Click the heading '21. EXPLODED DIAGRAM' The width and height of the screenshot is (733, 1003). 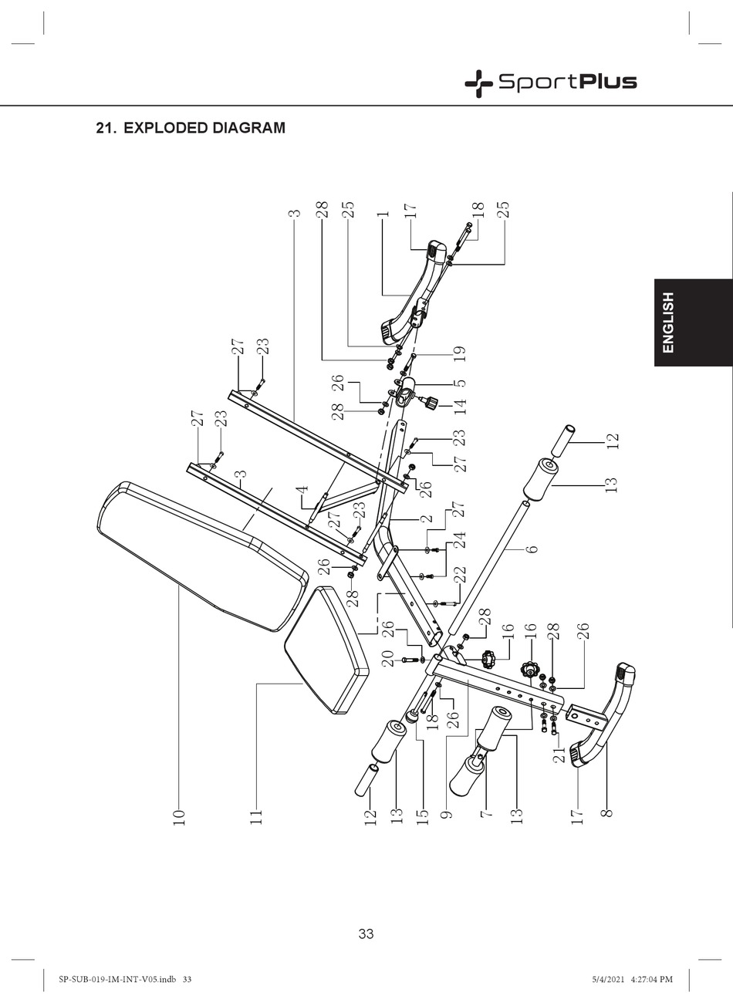[190, 128]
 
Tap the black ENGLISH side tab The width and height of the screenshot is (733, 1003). [692, 322]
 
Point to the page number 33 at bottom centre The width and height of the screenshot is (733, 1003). [366, 934]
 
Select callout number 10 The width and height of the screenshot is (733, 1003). [179, 817]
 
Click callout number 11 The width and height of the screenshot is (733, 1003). [256, 817]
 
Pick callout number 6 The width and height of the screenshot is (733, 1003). [532, 549]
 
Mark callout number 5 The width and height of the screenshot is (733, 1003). [460, 382]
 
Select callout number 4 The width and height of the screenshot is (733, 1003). [302, 488]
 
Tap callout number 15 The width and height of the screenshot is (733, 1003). [422, 817]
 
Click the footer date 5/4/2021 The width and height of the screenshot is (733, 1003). [606, 979]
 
